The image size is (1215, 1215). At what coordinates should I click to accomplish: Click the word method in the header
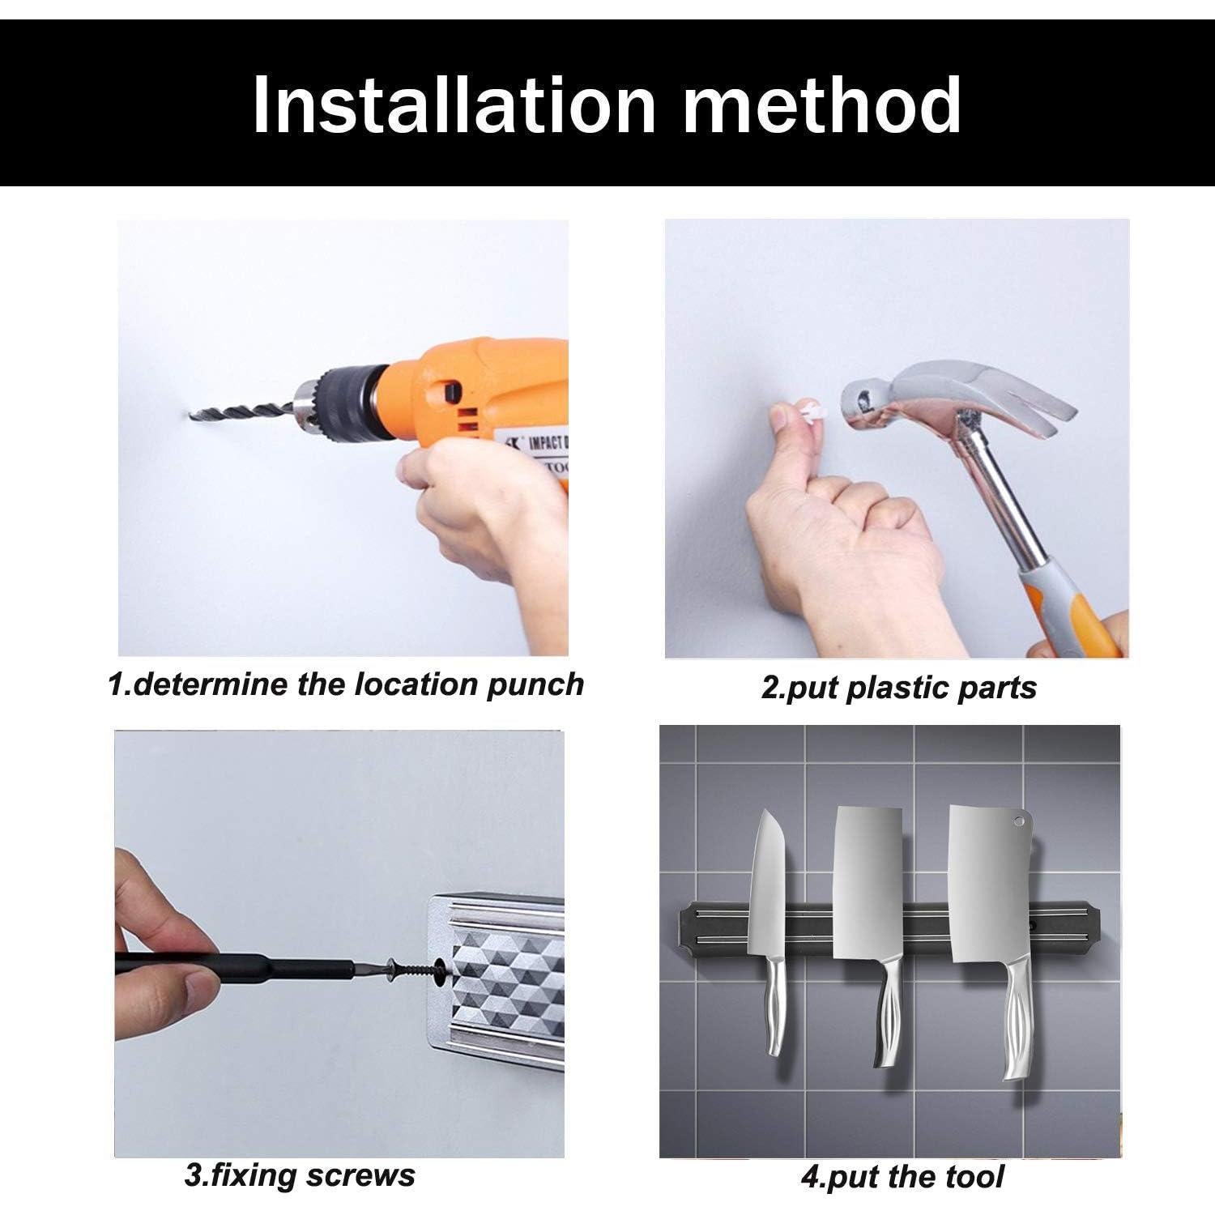pos(822,104)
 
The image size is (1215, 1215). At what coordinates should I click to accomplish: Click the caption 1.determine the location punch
pos(346,684)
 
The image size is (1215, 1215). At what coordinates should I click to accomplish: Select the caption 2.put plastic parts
pos(898,688)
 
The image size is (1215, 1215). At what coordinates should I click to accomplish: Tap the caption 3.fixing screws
pos(300,1174)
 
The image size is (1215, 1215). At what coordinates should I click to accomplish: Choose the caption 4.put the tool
pos(902,1176)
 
